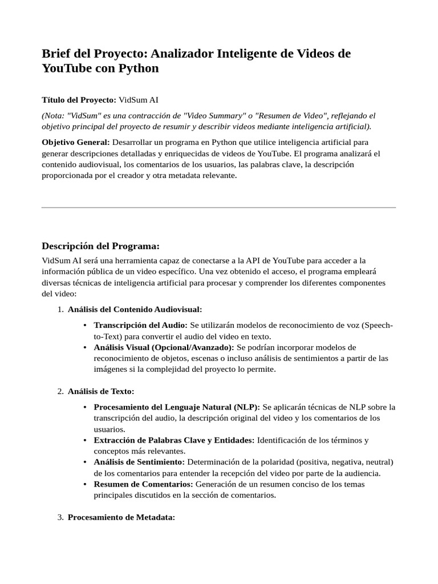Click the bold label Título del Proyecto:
tap(79, 100)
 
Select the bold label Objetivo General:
tap(76, 141)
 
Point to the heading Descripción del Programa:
tap(100, 246)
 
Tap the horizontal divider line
tap(219, 208)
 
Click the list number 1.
tap(60, 309)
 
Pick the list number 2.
tap(60, 391)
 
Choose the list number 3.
tap(60, 517)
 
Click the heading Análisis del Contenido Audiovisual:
tap(135, 309)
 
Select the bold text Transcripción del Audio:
tap(140, 325)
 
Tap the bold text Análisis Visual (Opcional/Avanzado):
tap(164, 347)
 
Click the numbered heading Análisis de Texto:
tap(101, 391)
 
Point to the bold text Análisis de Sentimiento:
tap(139, 462)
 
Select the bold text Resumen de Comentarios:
tap(143, 484)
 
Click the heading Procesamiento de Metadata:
tap(121, 517)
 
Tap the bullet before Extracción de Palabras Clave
tap(85, 440)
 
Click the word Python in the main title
tap(139, 68)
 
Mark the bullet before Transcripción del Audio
tap(85, 325)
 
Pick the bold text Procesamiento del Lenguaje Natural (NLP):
tap(177, 407)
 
